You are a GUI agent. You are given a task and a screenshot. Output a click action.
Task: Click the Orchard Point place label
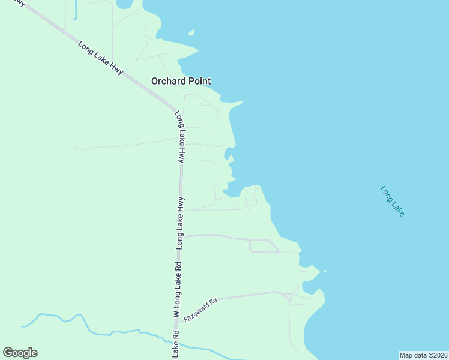point(181,81)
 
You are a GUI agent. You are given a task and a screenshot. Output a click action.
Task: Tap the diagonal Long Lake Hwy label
point(100,58)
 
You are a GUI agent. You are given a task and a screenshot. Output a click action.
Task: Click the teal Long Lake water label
point(393,201)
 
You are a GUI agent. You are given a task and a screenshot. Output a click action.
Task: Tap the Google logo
point(20,353)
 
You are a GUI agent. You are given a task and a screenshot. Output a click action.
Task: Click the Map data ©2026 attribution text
point(423,355)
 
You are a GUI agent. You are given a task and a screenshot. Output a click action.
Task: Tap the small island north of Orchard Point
point(191,32)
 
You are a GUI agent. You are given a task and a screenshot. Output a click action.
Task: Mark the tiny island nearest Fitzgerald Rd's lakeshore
point(325,271)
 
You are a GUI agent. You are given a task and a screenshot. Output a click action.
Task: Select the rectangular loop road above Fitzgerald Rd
point(264,246)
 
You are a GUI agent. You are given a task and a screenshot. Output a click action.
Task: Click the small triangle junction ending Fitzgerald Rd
point(287,296)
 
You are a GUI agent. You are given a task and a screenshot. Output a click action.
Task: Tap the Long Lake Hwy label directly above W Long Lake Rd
point(179,223)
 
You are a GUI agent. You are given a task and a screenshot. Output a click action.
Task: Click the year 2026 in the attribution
point(438,355)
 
